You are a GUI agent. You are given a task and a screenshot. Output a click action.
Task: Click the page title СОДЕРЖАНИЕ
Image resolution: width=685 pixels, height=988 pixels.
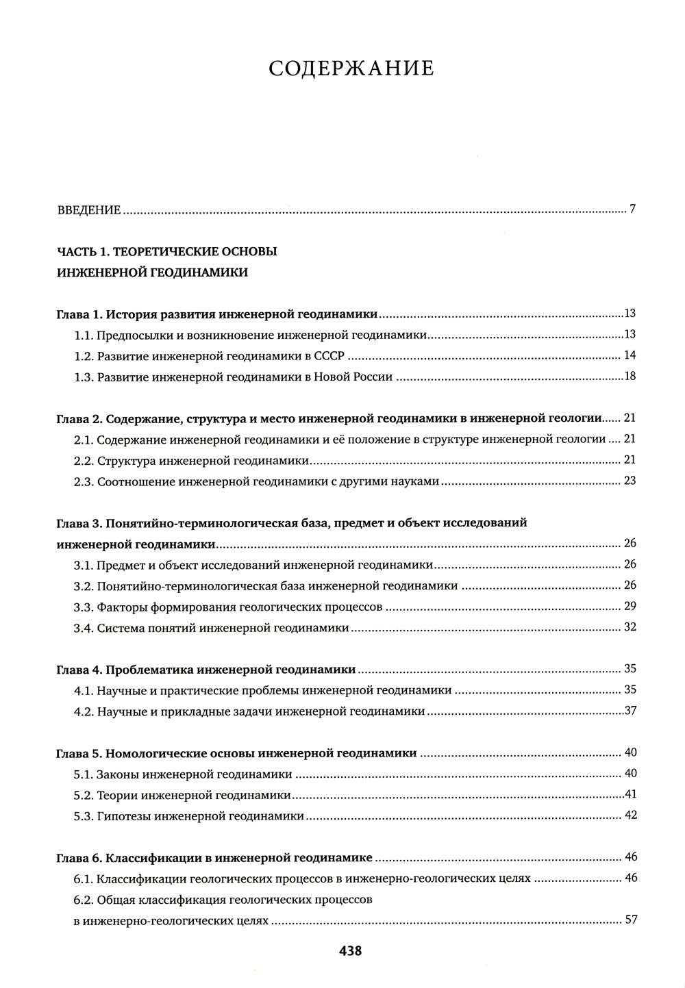(x=351, y=69)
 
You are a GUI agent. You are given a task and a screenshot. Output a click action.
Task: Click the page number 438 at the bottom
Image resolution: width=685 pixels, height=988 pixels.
(x=350, y=950)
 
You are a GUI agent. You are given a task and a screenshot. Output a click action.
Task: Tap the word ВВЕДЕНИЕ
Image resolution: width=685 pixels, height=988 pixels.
(x=88, y=210)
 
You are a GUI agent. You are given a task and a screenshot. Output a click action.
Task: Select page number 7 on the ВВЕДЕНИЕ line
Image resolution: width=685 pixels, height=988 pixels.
(x=633, y=209)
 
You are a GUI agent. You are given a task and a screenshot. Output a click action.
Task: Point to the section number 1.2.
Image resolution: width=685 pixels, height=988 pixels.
(x=83, y=356)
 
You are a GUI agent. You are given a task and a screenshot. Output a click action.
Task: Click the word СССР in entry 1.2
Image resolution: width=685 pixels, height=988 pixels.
(x=329, y=356)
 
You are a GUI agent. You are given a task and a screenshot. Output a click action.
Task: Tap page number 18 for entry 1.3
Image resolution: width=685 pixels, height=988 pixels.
(x=630, y=377)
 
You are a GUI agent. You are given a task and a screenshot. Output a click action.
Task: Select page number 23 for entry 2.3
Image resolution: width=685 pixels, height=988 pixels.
(x=630, y=481)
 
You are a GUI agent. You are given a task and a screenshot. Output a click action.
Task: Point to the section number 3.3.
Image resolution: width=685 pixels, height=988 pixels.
(x=83, y=607)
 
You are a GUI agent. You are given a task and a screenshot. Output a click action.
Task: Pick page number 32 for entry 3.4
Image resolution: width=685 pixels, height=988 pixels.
(x=630, y=627)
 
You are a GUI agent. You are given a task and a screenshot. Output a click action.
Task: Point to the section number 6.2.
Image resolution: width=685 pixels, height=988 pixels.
(x=83, y=900)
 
